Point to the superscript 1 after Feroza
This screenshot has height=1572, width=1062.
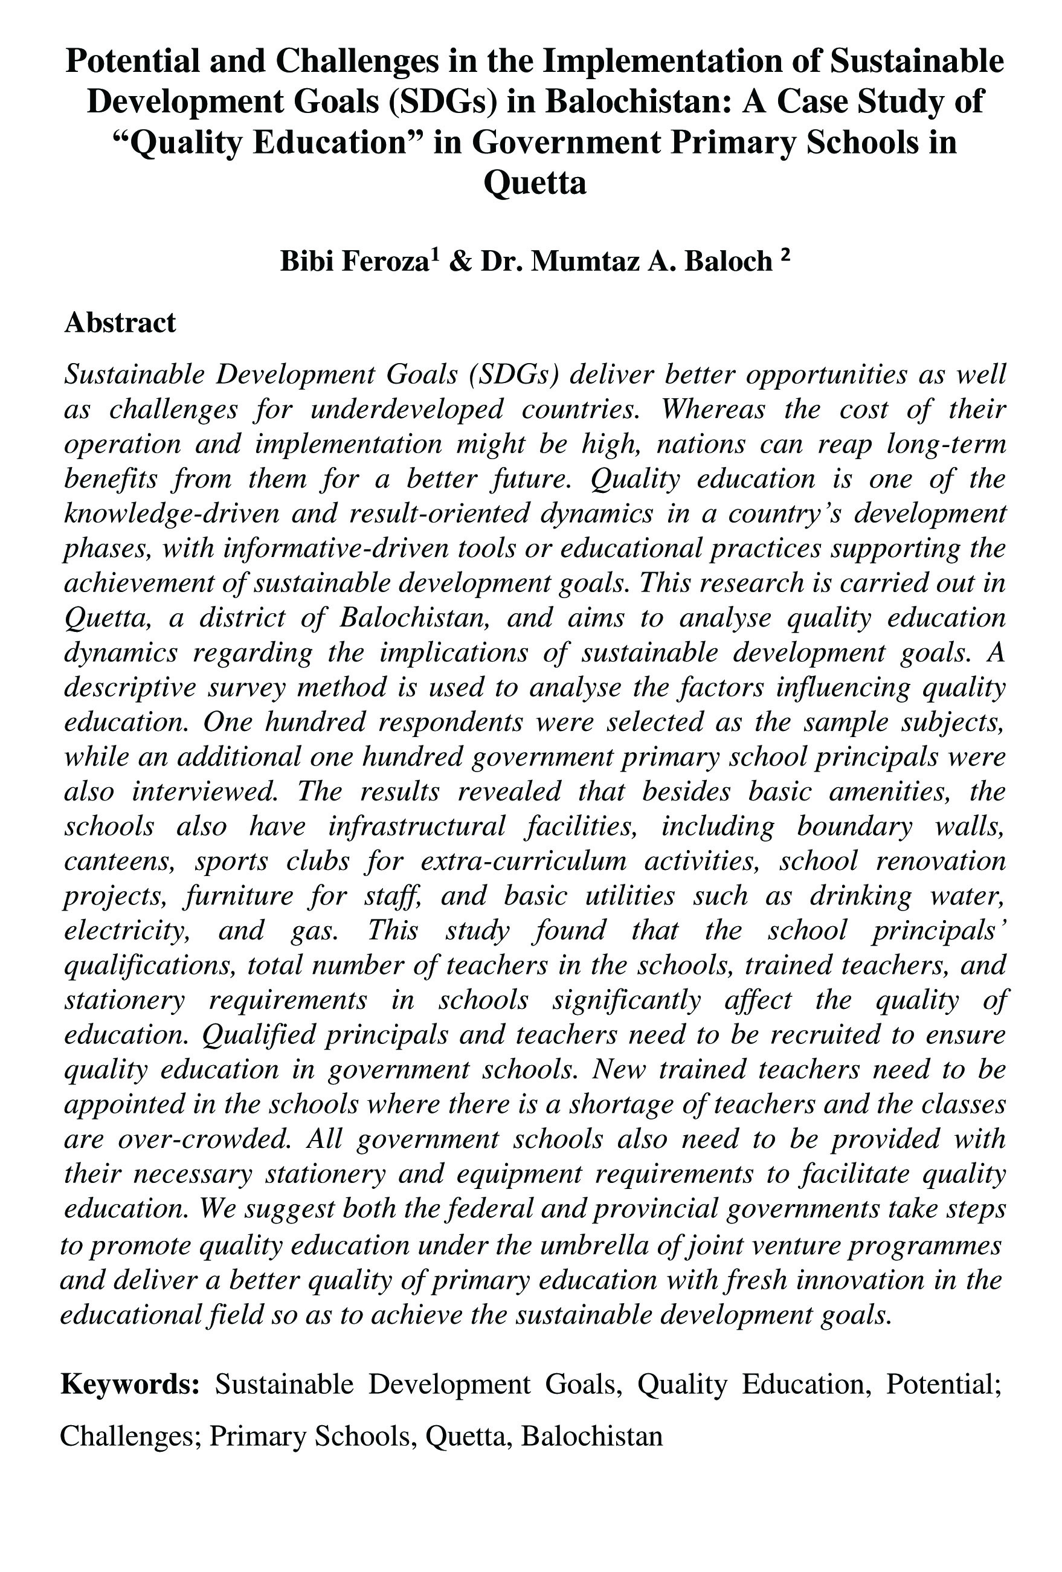(x=435, y=256)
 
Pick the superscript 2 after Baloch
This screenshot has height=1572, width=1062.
(x=785, y=256)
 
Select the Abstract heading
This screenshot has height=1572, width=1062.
(x=120, y=323)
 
